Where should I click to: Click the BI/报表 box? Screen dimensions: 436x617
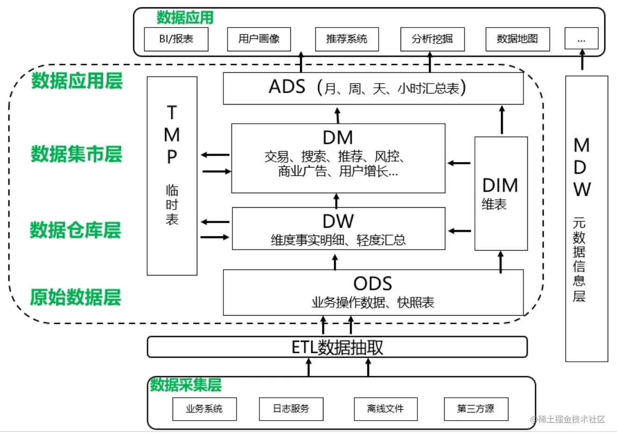176,39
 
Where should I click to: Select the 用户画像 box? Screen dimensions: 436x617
259,39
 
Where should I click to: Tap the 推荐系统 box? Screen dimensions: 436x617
346,39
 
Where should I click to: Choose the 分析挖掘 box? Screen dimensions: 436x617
432,39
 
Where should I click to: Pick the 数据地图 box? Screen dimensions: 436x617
517,39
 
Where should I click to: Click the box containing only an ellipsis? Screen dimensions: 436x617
581,39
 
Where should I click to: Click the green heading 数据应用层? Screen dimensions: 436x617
77,81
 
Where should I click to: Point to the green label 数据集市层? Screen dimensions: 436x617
77,154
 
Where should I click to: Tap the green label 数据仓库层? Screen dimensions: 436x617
76,230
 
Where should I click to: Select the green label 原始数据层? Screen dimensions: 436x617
76,297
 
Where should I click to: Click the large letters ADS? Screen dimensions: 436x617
287,87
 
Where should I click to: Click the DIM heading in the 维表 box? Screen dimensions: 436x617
500,186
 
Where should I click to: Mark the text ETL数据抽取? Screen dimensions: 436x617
337,347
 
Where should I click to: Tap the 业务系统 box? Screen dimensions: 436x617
204,409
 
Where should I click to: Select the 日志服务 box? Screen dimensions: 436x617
291,409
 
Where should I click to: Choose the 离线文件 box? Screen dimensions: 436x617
385,409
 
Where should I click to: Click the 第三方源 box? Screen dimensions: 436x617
475,409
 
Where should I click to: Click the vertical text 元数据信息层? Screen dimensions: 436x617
579,259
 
